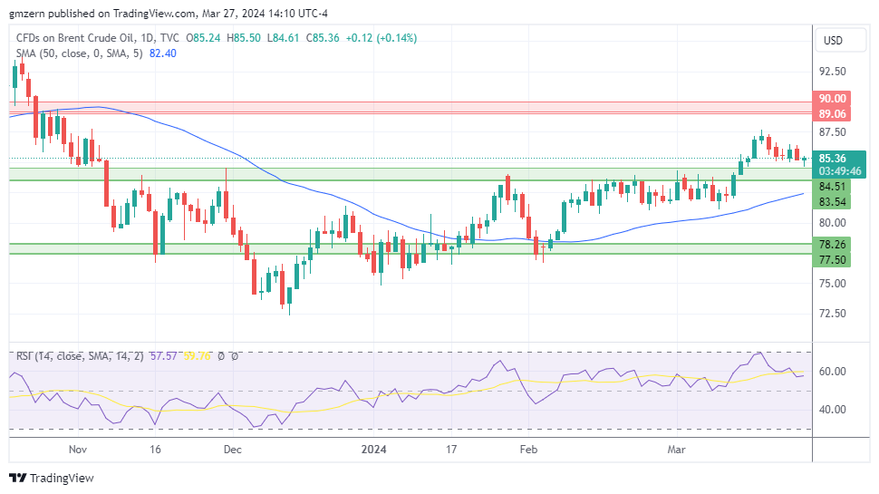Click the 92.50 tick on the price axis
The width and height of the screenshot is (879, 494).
point(832,72)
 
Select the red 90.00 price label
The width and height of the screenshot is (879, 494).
point(832,99)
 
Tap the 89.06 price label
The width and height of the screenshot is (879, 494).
point(832,114)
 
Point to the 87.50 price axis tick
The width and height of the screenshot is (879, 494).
point(832,132)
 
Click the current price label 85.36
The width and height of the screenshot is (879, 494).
point(832,158)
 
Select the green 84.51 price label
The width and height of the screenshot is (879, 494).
point(832,187)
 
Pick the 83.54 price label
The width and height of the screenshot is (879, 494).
point(832,202)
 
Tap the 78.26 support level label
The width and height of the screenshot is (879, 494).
point(832,245)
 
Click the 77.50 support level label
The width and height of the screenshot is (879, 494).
point(832,260)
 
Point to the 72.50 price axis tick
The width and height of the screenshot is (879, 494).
point(832,314)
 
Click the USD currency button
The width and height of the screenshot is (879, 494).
point(831,41)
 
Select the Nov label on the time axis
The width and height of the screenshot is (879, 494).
point(77,449)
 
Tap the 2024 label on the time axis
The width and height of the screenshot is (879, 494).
point(374,449)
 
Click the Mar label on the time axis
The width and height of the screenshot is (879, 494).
point(676,449)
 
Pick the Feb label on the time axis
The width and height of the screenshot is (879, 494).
point(529,449)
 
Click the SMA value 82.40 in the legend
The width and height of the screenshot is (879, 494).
point(162,53)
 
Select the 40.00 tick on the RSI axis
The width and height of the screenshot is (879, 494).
point(832,409)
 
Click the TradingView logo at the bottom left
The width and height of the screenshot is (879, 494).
point(52,478)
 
